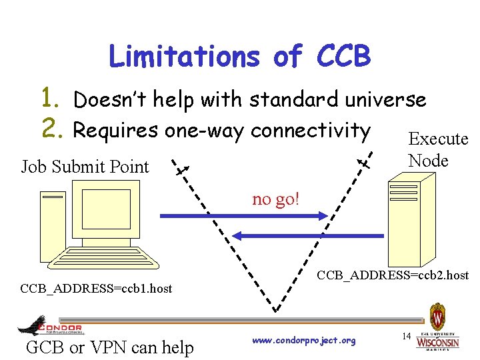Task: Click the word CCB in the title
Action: point(344,56)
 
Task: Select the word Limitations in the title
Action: point(184,56)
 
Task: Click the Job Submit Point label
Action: point(85,167)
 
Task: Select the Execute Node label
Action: point(437,149)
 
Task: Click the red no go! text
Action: point(275,199)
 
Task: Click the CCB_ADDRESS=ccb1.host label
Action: point(96,289)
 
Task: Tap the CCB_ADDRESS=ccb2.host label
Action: point(393,275)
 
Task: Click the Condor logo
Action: point(51,327)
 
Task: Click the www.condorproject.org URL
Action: point(304,341)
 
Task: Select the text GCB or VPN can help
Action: point(109,347)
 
